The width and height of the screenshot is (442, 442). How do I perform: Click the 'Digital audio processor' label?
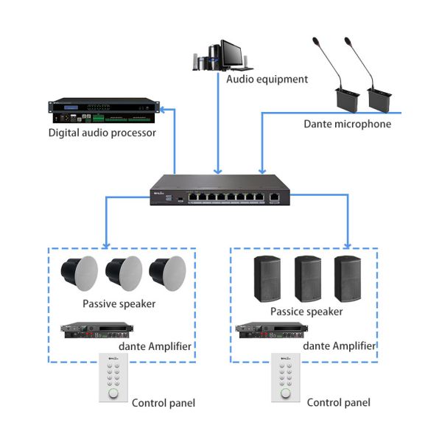[102, 133]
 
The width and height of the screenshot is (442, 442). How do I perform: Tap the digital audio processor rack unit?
[103, 111]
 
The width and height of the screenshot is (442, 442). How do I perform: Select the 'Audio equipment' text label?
[267, 79]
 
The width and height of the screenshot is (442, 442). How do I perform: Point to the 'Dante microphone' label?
[347, 124]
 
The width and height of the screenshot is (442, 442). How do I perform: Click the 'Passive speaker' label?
[119, 303]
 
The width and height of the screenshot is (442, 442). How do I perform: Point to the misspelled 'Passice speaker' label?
[306, 312]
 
